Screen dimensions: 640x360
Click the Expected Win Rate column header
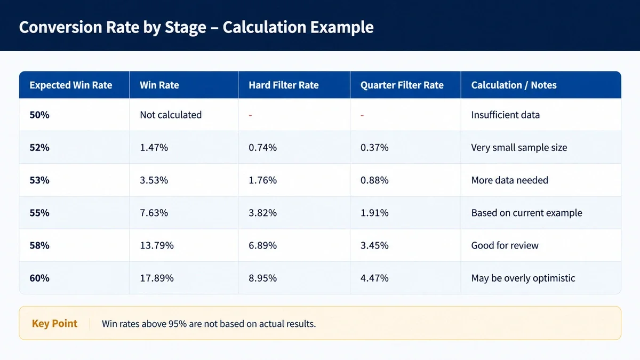[x=71, y=85]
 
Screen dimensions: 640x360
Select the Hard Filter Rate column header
[x=283, y=85]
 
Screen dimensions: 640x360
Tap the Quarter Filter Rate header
[x=402, y=85]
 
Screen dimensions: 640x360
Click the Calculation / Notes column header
[x=514, y=85]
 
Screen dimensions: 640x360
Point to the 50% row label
[x=39, y=115]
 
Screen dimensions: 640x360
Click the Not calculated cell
[x=171, y=115]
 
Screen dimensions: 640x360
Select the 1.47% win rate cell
[x=154, y=147]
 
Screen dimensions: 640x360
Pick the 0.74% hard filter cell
[x=262, y=147]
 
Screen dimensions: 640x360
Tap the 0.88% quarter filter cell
[x=374, y=180]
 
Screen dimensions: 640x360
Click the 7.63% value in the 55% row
[x=154, y=213]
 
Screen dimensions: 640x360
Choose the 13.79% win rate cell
[x=157, y=245]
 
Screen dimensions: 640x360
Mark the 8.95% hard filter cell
[x=262, y=278]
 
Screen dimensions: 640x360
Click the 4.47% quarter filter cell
[x=374, y=278]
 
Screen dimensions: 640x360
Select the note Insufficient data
[x=506, y=115]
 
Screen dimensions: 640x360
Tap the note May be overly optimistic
[x=523, y=278]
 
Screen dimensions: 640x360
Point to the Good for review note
[x=505, y=245]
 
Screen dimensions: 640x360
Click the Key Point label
[x=54, y=323]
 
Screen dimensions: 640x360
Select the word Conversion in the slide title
[x=61, y=27]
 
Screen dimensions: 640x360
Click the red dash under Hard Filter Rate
[x=250, y=115]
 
